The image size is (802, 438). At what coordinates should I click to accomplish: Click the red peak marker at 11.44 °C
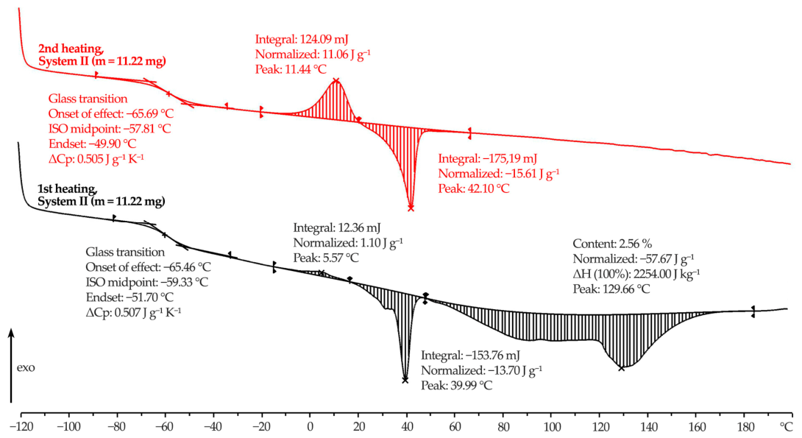tap(336, 80)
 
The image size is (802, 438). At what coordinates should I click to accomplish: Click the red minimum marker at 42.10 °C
tap(411, 208)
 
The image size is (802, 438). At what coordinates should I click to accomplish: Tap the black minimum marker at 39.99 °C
tap(405, 380)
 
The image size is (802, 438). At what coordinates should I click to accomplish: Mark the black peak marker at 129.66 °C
tap(622, 368)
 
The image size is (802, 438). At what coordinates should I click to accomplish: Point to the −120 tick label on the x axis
tap(21, 427)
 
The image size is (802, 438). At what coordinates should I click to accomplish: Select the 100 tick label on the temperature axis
tap(552, 427)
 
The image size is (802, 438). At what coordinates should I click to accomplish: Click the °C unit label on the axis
tap(786, 426)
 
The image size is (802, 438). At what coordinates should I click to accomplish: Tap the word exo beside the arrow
tap(26, 368)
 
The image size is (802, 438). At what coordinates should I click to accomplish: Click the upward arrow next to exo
tap(11, 366)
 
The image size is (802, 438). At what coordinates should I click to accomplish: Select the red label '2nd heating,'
tap(71, 49)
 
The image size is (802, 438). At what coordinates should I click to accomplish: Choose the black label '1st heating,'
tap(68, 188)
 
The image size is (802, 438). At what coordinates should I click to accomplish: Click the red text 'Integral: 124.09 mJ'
tap(302, 40)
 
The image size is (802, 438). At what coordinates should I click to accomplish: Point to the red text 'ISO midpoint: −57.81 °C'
tap(110, 128)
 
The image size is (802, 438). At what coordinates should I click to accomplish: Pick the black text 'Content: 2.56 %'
tap(612, 244)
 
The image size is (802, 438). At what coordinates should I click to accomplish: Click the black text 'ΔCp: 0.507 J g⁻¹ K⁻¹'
tap(133, 311)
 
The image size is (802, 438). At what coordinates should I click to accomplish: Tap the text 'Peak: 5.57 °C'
tap(327, 258)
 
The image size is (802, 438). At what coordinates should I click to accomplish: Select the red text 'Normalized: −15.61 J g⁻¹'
tap(499, 173)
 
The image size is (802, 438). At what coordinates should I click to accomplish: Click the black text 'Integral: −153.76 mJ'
tap(471, 355)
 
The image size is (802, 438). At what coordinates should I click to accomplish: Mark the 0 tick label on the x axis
tap(310, 427)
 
